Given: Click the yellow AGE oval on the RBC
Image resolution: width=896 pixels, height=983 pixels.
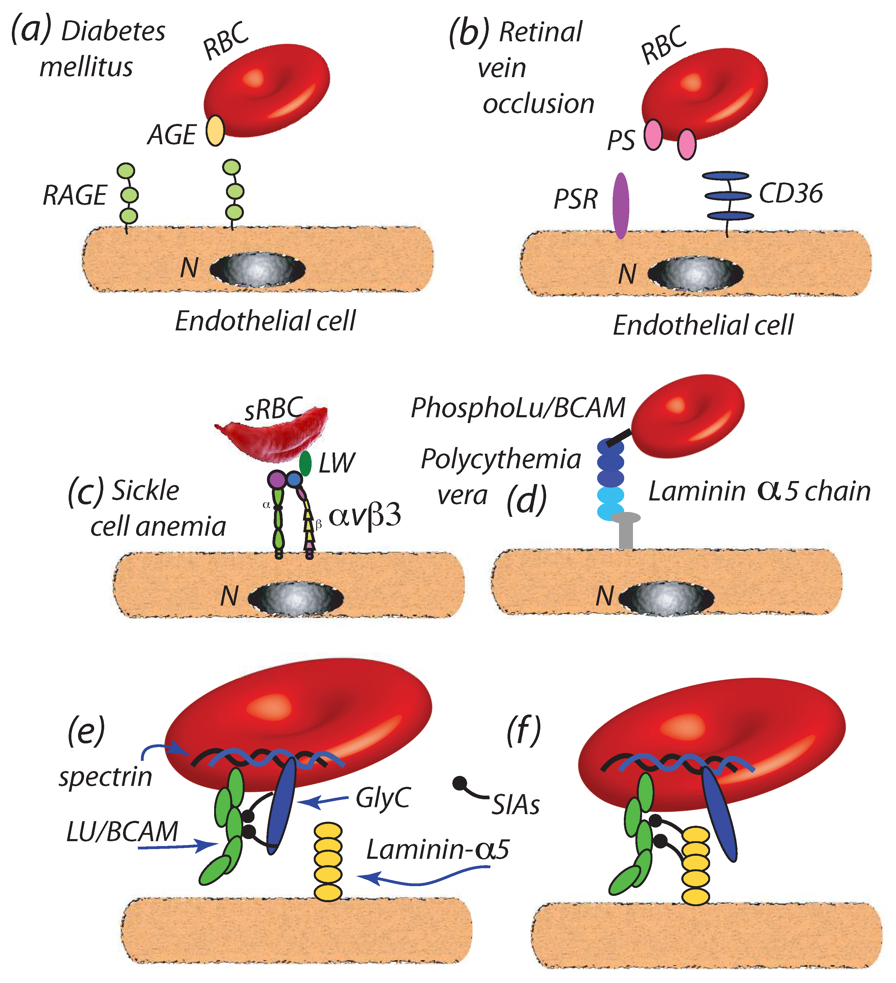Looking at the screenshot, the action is click(x=215, y=131).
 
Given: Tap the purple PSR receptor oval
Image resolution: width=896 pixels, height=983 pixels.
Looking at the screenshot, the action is click(x=621, y=206).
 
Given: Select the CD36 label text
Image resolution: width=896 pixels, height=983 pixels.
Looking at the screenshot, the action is click(x=791, y=193).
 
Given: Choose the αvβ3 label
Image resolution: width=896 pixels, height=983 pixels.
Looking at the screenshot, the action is click(x=365, y=516).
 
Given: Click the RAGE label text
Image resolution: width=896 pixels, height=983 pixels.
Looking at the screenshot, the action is click(x=75, y=196).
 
